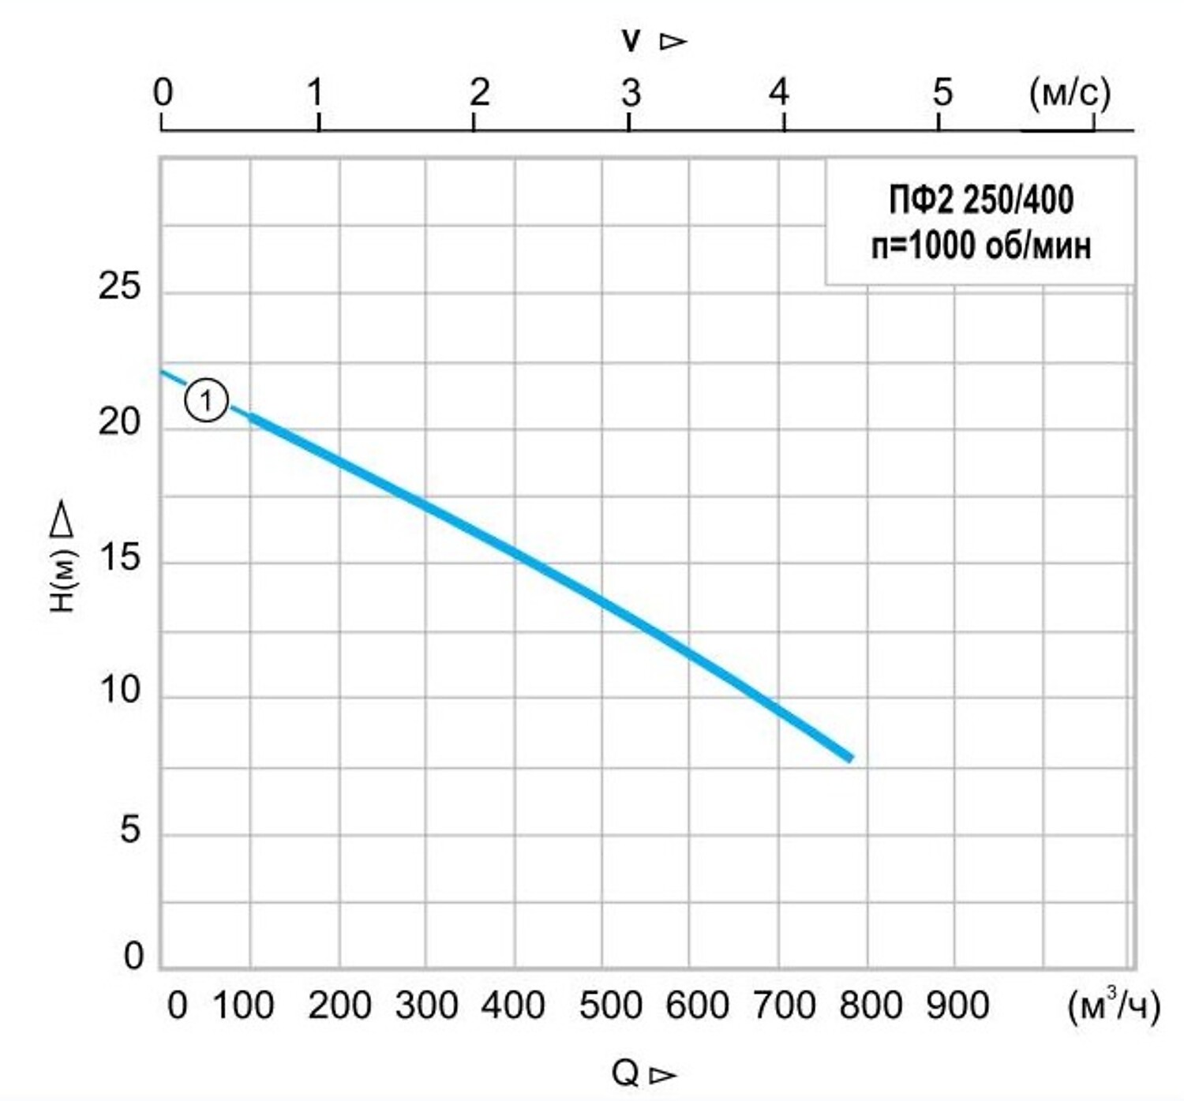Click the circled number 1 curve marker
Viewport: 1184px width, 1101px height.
tap(206, 401)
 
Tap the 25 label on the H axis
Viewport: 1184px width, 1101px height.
tap(119, 286)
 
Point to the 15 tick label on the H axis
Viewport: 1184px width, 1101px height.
tap(119, 558)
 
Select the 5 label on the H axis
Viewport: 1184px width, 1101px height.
tap(130, 830)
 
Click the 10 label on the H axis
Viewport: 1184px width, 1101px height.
tap(119, 691)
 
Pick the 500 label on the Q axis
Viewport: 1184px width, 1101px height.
tap(610, 1006)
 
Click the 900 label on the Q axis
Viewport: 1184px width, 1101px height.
tap(957, 1006)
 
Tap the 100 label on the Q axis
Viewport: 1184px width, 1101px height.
tap(243, 1006)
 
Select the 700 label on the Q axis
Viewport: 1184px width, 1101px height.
tap(784, 1006)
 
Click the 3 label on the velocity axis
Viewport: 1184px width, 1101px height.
tap(630, 93)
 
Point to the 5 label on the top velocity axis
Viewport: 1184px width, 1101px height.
tap(942, 93)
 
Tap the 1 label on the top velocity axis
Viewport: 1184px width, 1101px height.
tap(316, 93)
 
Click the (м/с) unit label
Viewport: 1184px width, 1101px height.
tap(1070, 93)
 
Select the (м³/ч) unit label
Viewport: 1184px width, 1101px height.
tap(1113, 1006)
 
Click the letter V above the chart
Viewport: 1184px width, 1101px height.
tap(631, 41)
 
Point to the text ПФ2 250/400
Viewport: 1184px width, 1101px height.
tap(981, 200)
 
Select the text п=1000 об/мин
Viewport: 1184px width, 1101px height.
tap(981, 246)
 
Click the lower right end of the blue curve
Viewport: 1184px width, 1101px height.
tap(849, 758)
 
